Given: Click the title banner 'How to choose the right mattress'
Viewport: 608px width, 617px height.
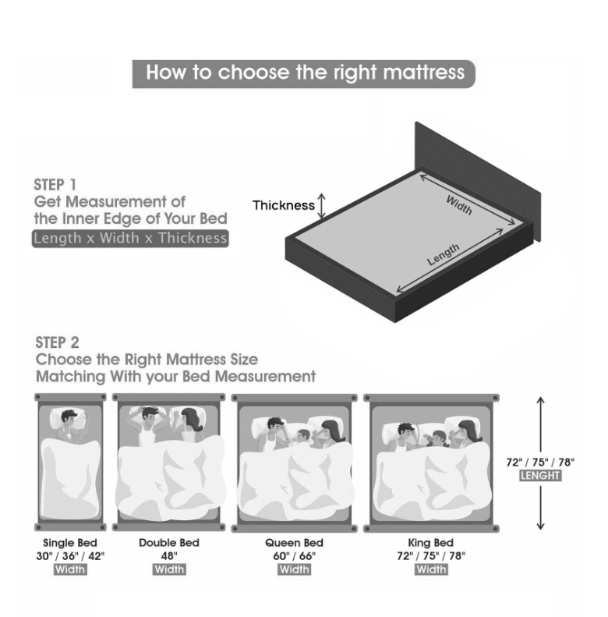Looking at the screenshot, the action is tap(303, 74).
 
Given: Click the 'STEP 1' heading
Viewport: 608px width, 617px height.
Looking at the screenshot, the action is tap(55, 185).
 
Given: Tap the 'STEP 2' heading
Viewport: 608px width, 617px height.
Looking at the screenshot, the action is tap(58, 342).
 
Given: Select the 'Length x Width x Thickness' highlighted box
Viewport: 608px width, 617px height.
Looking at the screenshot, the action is tap(130, 239).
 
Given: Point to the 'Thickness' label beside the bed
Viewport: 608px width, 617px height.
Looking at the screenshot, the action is tap(284, 205).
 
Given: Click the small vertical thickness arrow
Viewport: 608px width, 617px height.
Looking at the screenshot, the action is tap(322, 206).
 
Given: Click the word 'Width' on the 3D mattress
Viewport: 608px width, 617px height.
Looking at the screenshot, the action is tap(459, 205).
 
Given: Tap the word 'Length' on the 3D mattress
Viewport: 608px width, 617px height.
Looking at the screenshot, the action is tap(444, 254).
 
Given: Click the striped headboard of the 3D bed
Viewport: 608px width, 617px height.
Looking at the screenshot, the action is tap(478, 177).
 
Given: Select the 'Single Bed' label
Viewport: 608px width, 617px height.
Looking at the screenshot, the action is tap(70, 543).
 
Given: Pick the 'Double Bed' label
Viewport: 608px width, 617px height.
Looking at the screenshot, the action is tap(169, 543).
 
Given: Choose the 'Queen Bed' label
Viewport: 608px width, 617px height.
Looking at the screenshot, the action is tap(294, 543).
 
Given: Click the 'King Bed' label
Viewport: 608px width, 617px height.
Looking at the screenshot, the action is tap(430, 543).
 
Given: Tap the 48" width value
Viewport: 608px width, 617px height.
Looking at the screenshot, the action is tap(169, 556).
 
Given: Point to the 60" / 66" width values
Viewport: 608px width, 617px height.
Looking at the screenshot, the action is tap(294, 556).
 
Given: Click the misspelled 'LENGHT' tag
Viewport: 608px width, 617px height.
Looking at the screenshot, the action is tap(540, 475).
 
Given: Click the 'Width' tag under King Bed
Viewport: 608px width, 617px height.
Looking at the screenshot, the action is tap(431, 569).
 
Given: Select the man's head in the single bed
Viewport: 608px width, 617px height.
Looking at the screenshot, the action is tap(69, 420).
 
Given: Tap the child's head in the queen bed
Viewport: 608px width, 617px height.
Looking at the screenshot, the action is tap(303, 435).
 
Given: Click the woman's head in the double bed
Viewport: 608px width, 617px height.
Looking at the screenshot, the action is tap(192, 419).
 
